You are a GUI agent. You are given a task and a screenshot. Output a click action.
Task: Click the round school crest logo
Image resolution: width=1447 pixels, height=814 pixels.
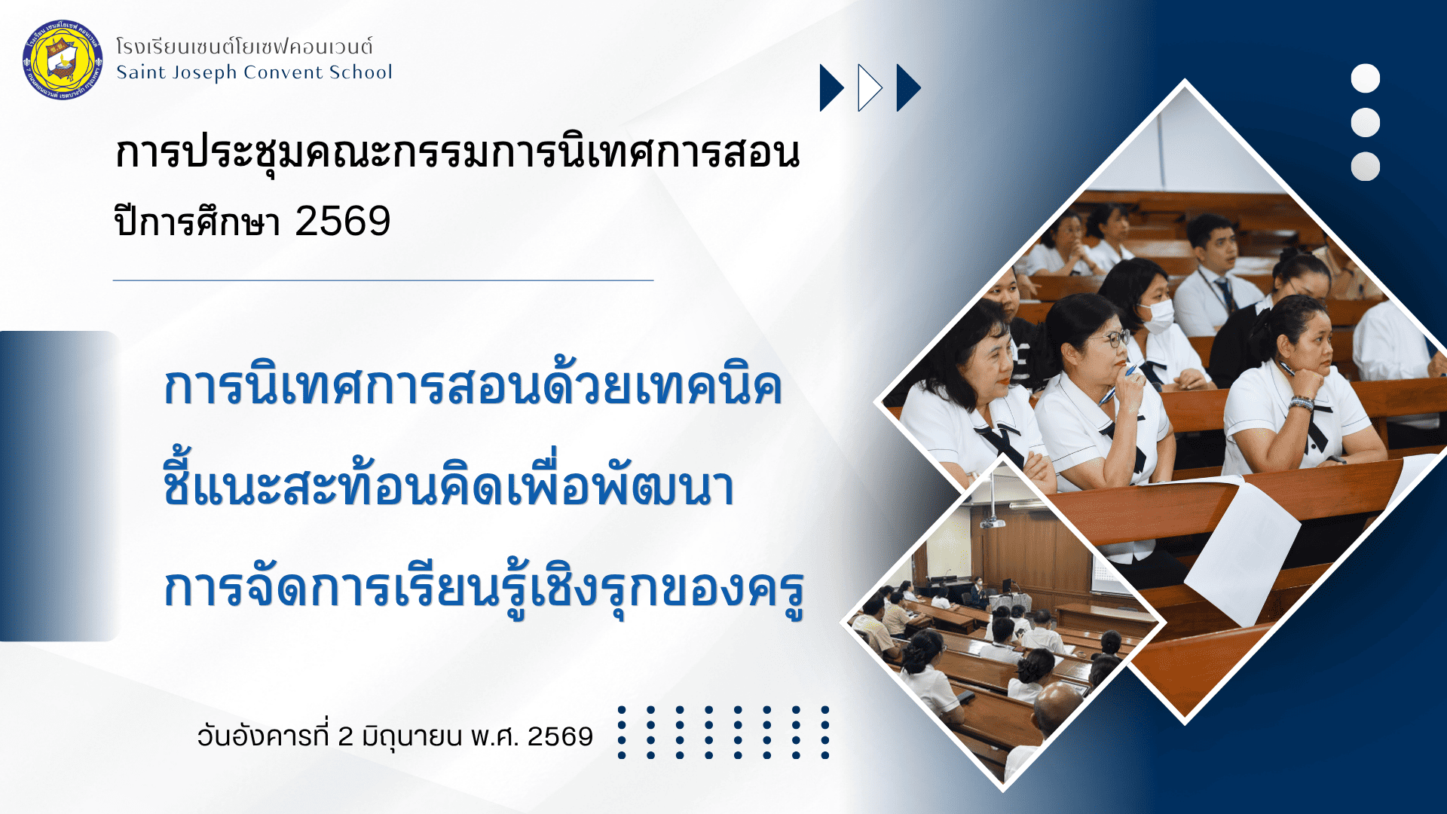click(63, 60)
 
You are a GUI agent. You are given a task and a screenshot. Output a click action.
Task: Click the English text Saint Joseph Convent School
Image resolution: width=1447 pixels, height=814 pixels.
click(254, 72)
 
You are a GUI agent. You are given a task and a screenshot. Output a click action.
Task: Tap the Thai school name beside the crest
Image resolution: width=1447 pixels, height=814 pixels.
click(244, 47)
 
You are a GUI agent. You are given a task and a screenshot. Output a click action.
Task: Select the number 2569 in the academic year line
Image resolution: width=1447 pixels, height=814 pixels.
click(343, 222)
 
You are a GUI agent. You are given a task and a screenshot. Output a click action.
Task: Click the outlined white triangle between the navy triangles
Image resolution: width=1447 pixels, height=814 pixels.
click(869, 88)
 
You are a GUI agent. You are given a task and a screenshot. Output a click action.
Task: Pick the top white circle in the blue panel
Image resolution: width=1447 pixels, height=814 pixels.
click(1365, 78)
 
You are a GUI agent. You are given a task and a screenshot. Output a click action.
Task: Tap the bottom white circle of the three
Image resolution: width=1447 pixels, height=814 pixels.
click(1365, 167)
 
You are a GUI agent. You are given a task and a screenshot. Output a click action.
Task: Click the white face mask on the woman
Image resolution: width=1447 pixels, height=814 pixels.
click(1158, 315)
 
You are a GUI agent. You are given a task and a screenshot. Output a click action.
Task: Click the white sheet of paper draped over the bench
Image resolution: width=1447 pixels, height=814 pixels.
click(1244, 550)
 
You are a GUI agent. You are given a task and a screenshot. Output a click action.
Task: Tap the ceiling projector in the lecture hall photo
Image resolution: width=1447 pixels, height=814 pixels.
click(993, 521)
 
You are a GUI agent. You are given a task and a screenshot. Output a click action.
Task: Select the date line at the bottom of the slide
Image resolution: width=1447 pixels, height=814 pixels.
click(395, 736)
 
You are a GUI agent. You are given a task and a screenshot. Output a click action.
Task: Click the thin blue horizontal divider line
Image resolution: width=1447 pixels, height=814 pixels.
click(383, 280)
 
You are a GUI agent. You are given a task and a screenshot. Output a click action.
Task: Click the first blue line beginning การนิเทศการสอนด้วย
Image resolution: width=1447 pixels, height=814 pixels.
click(473, 386)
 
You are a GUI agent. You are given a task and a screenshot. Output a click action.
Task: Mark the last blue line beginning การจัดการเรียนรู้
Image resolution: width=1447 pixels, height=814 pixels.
click(485, 588)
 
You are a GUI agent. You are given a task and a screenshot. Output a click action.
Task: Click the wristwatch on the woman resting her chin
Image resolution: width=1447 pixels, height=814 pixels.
click(1302, 402)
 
